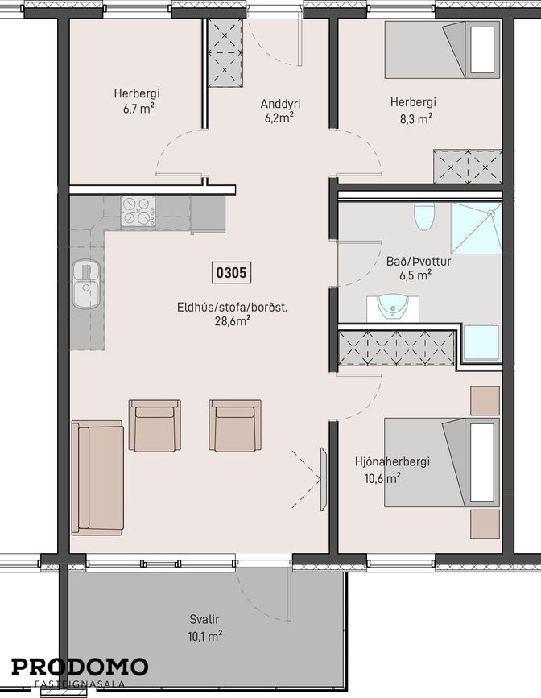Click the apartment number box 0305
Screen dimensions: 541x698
(232, 272)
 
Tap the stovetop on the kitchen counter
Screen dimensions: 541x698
(138, 212)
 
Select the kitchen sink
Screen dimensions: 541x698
(87, 284)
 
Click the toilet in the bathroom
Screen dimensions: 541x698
(424, 217)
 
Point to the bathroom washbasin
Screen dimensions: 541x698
(393, 308)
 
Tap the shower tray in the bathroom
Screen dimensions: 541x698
(477, 228)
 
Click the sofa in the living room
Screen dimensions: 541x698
(97, 477)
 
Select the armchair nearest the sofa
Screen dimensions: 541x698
(155, 425)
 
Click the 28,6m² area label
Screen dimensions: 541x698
(232, 321)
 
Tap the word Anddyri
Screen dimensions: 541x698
(280, 104)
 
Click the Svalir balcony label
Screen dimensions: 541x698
(204, 619)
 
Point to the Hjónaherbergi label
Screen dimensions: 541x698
(392, 461)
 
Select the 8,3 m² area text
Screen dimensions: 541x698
(413, 119)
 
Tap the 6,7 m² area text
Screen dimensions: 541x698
(139, 109)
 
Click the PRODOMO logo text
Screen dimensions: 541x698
(80, 667)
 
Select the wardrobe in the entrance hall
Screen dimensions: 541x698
(225, 52)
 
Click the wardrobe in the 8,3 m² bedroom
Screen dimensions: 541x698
(468, 167)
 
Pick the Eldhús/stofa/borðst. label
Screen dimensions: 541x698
(232, 308)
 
